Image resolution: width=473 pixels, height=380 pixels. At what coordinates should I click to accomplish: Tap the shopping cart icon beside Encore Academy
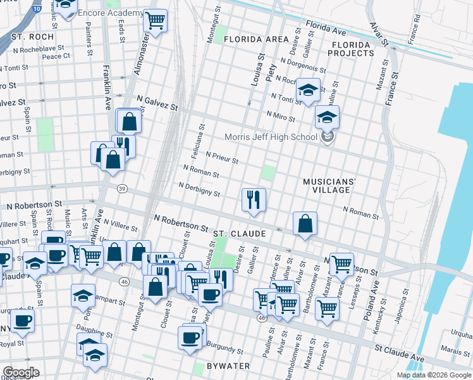(x=155, y=21)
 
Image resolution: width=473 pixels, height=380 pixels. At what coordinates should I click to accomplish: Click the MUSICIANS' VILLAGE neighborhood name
(x=326, y=186)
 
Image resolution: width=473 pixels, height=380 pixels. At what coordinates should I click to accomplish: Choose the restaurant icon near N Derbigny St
(x=253, y=199)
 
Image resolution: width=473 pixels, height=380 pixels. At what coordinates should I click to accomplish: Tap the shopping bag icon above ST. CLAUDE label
(x=305, y=224)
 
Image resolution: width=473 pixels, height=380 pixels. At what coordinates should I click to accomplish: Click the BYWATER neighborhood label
(x=228, y=366)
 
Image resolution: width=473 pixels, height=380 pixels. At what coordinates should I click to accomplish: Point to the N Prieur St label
(x=222, y=157)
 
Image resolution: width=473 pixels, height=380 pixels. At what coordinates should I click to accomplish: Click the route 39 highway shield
(x=122, y=188)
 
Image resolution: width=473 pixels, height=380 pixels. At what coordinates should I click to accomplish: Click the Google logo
(x=21, y=372)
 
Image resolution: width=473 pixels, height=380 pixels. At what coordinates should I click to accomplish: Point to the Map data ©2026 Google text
(x=433, y=375)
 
